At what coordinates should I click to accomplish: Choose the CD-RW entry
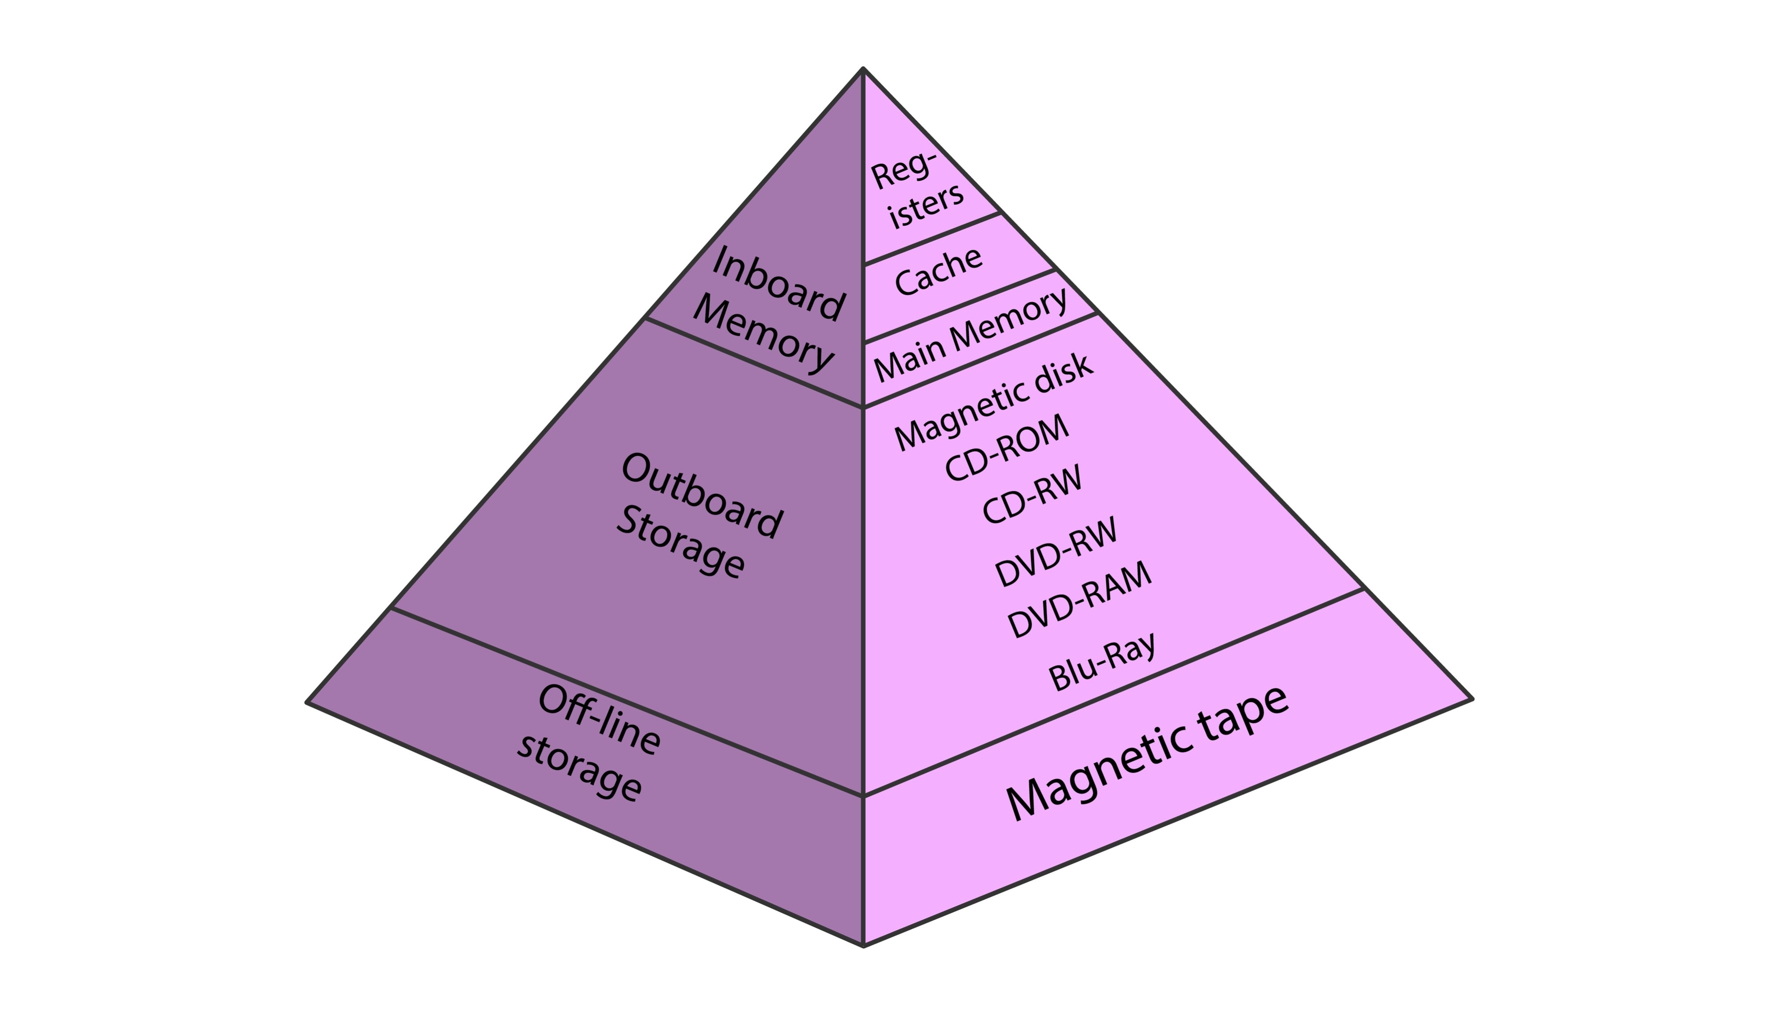tap(1032, 494)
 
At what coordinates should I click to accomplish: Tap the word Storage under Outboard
tap(680, 542)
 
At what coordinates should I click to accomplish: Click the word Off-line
tap(599, 719)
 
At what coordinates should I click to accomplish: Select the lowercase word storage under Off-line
tap(579, 767)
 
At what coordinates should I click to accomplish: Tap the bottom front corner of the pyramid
tap(863, 945)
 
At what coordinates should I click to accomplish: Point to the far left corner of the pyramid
tap(307, 702)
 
